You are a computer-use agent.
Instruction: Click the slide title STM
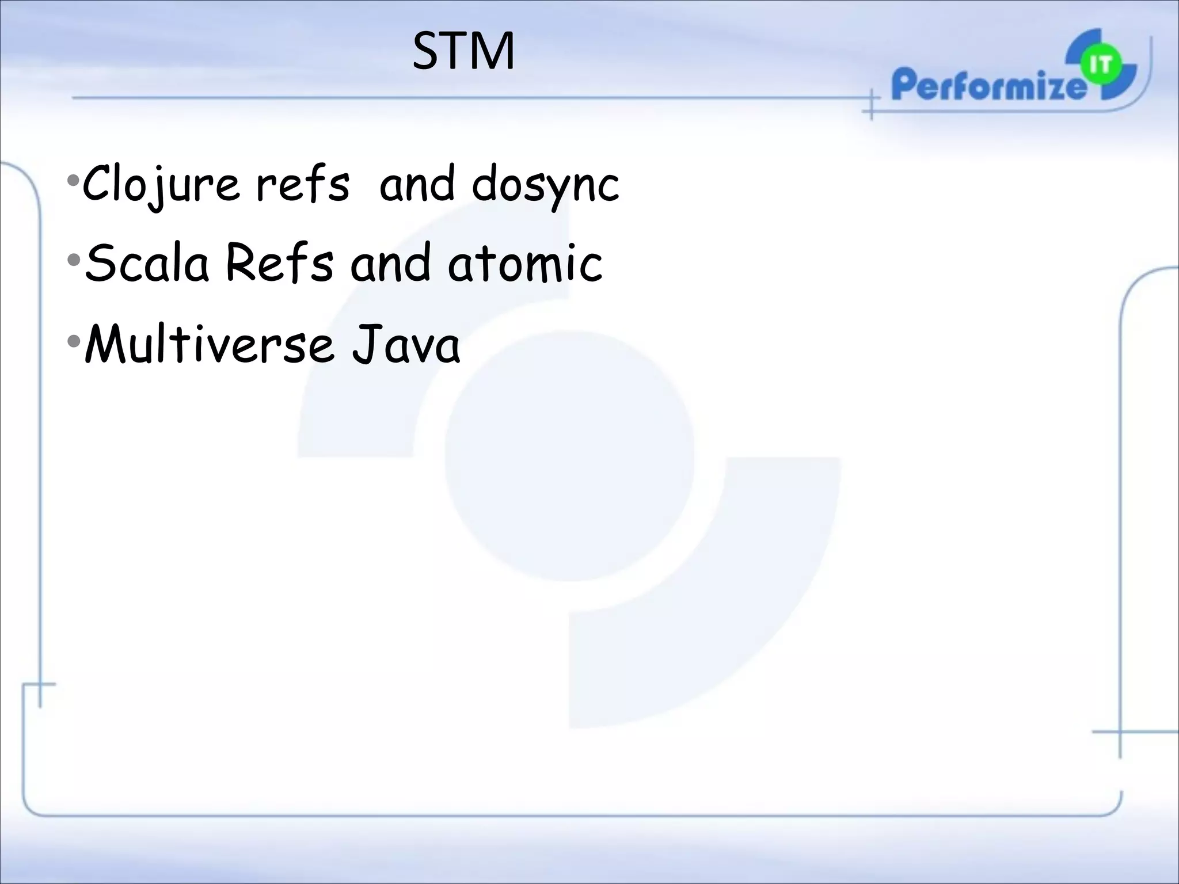(463, 52)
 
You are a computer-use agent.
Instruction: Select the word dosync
(545, 185)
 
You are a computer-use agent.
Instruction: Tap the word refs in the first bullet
(302, 185)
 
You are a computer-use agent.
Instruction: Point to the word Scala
(147, 263)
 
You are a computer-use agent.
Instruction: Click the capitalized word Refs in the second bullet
(279, 263)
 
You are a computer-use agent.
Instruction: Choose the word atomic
(525, 263)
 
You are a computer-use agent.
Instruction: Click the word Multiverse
(209, 345)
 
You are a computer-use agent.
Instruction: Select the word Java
(406, 345)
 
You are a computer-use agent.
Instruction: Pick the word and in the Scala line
(390, 263)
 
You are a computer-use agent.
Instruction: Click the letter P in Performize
(904, 86)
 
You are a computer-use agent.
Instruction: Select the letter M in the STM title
(491, 52)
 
